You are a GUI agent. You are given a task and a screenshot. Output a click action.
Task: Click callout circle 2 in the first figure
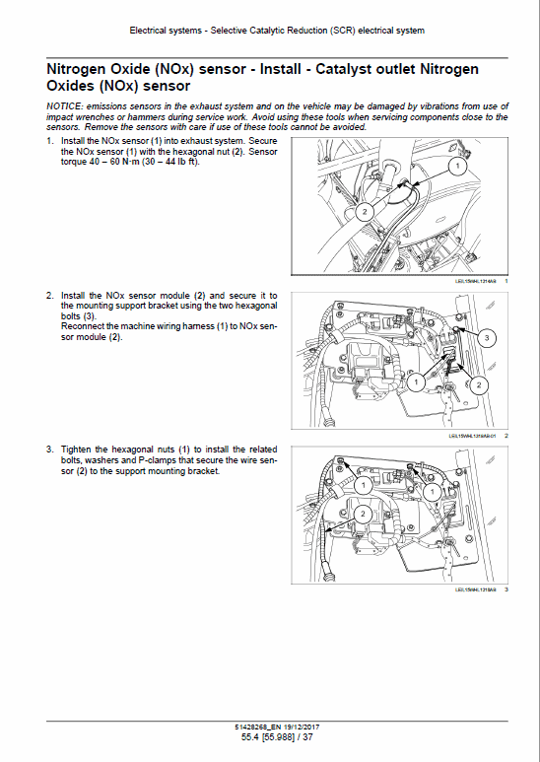coord(363,210)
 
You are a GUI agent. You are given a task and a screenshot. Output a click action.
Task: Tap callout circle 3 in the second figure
coord(486,338)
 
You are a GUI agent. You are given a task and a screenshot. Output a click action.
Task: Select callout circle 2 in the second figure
coord(479,383)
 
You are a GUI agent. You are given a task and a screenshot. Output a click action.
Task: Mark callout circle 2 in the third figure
coord(362,514)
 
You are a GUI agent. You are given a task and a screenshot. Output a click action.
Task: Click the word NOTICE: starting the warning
coord(67,106)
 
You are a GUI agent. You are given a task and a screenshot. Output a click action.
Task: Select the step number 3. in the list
coord(50,449)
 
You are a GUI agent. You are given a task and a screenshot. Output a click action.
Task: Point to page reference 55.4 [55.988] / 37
coord(269,738)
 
